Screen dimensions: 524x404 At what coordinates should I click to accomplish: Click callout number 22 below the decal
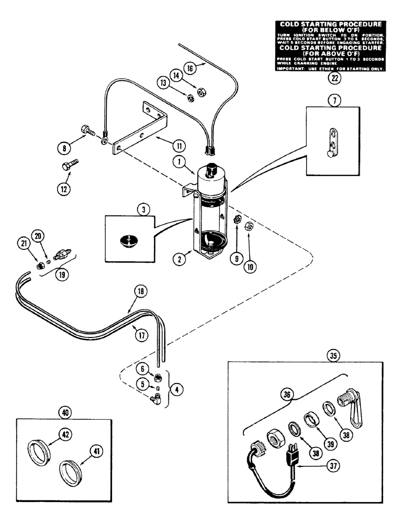(x=333, y=79)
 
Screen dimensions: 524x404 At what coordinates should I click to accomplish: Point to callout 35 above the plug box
(x=334, y=355)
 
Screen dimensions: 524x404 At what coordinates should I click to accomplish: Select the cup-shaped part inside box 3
(x=126, y=241)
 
